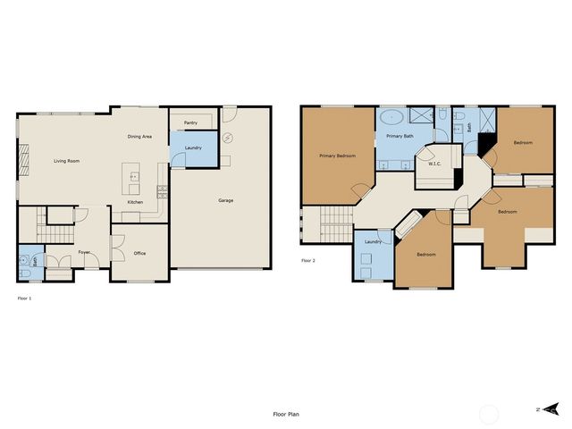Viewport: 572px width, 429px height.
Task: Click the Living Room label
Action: point(66,161)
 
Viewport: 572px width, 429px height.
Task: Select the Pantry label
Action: point(190,122)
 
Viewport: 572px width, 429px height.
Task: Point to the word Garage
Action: point(226,200)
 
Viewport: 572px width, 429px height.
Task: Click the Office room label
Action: point(139,253)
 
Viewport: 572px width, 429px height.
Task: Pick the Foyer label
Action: point(84,253)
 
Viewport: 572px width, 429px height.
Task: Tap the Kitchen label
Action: point(135,202)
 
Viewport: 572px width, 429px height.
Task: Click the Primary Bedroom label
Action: point(338,156)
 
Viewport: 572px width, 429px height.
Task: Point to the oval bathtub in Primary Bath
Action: point(391,117)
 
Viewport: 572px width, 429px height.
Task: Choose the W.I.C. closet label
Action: point(435,164)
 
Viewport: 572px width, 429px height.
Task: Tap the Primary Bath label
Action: point(400,137)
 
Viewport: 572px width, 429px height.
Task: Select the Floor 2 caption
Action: point(307,260)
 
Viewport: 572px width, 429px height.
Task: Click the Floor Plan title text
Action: point(287,415)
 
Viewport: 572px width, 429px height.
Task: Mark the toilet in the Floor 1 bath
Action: point(24,263)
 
